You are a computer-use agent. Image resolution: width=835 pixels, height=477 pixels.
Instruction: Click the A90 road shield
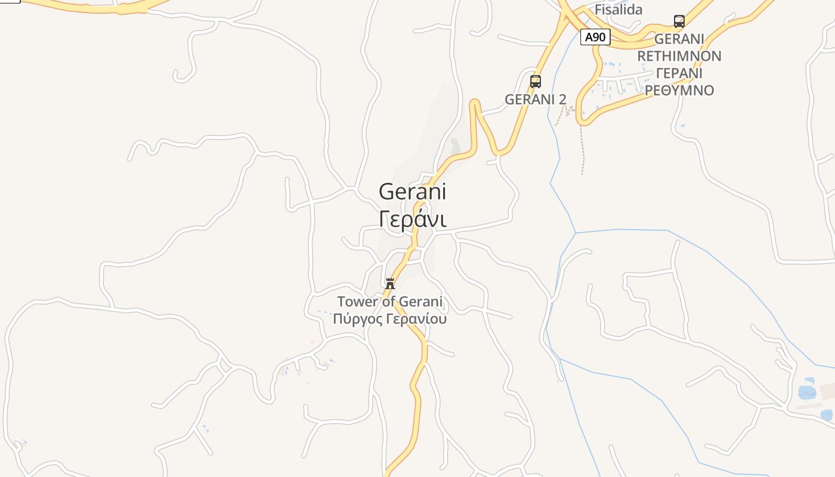coord(595,37)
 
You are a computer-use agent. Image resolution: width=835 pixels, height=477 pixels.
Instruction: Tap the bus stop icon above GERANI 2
coord(536,82)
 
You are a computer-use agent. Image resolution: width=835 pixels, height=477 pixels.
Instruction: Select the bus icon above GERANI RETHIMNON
coord(679,21)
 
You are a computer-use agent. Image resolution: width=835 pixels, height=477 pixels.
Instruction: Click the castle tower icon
coord(390,283)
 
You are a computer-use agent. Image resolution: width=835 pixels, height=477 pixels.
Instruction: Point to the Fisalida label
coord(618,10)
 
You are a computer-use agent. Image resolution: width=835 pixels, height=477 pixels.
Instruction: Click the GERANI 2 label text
coord(535,100)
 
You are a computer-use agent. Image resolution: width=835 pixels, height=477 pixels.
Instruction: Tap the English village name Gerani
coord(412,191)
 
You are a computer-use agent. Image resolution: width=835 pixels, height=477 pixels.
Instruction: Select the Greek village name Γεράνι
coord(412,219)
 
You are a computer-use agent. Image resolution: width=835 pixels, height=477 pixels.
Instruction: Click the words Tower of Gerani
coord(390,302)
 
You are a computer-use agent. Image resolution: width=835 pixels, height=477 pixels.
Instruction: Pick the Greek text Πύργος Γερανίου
coord(390,319)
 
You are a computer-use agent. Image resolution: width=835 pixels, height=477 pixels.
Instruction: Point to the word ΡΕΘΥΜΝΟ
coord(679,91)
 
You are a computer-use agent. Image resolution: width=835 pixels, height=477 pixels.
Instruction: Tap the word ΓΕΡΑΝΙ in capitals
coord(679,73)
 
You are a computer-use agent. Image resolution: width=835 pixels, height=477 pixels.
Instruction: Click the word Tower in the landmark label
coord(357,302)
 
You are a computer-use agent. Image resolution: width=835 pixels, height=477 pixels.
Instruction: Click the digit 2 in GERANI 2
coord(562,100)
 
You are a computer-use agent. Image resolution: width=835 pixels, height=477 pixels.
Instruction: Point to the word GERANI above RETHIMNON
coord(679,39)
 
